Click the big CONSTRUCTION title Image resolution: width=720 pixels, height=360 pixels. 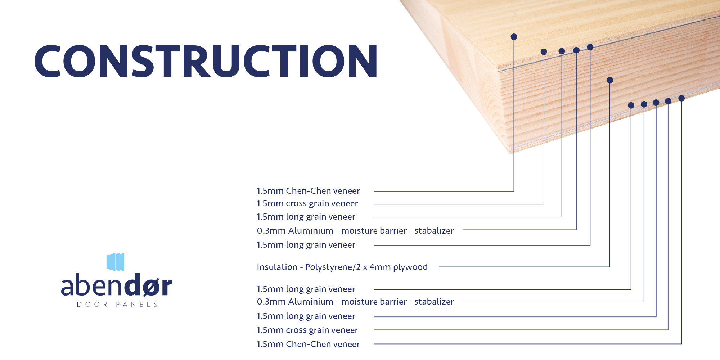(206, 61)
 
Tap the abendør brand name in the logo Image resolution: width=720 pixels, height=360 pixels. (117, 285)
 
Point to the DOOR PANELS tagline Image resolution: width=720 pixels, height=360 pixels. (117, 305)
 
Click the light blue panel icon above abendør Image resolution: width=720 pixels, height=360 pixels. (115, 262)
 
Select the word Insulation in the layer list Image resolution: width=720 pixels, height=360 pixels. (277, 267)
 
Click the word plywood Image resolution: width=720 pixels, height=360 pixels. (410, 267)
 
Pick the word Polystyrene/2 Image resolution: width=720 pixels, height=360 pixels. (333, 267)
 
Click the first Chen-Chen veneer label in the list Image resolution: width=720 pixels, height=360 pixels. (308, 191)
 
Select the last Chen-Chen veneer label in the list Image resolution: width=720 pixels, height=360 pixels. (308, 344)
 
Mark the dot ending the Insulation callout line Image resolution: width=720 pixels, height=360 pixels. (609, 80)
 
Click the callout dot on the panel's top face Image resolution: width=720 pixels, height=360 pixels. (514, 37)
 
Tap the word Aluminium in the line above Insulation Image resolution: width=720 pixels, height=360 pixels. (311, 231)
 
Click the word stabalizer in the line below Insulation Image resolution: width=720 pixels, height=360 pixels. (434, 302)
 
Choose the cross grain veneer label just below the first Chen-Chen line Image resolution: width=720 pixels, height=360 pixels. (307, 203)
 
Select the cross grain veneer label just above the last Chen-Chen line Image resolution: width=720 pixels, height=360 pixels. (307, 330)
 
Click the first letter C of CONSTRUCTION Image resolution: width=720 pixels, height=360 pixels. (48, 61)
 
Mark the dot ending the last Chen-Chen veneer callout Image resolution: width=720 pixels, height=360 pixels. (681, 98)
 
